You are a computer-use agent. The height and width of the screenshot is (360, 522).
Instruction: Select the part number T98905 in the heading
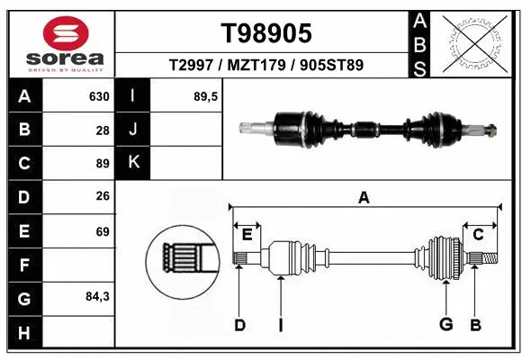tap(266, 33)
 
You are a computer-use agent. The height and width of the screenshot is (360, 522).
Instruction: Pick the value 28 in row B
tap(103, 130)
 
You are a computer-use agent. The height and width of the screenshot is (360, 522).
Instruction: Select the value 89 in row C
tap(103, 164)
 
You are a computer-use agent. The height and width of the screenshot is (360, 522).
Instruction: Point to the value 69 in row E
tap(103, 232)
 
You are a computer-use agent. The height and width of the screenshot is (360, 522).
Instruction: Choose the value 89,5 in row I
tap(207, 96)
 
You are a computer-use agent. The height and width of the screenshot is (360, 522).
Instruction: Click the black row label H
tap(23, 332)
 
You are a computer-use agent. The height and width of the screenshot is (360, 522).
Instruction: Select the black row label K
tap(133, 163)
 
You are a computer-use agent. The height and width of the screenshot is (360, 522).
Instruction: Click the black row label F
tap(23, 265)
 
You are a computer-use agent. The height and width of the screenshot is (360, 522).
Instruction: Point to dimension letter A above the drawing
tap(364, 197)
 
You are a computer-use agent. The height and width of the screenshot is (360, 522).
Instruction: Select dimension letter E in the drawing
tap(247, 235)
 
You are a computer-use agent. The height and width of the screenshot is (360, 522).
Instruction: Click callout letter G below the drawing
tap(445, 324)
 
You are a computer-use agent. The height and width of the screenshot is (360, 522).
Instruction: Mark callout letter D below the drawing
tap(239, 324)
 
